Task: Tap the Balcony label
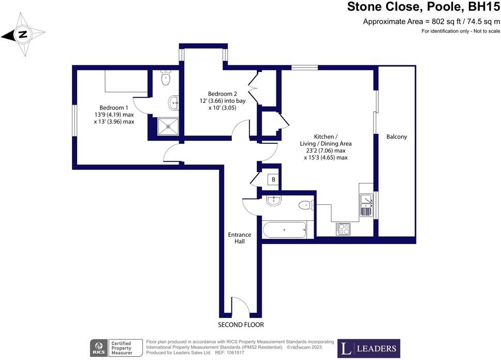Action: pyautogui.click(x=396, y=137)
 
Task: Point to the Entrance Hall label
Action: pyautogui.click(x=240, y=238)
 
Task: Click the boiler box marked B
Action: pyautogui.click(x=272, y=180)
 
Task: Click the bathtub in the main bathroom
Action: pyautogui.click(x=285, y=229)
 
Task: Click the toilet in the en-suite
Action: pyautogui.click(x=166, y=78)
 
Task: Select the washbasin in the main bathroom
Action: pyautogui.click(x=273, y=200)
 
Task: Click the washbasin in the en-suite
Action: pyautogui.click(x=174, y=102)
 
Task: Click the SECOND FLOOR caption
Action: pyautogui.click(x=241, y=325)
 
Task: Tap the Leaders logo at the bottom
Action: pyautogui.click(x=369, y=348)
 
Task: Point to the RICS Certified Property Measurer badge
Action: pyautogui.click(x=112, y=348)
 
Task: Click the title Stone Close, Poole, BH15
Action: pyautogui.click(x=423, y=7)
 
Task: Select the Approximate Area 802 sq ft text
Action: pyautogui.click(x=432, y=21)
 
